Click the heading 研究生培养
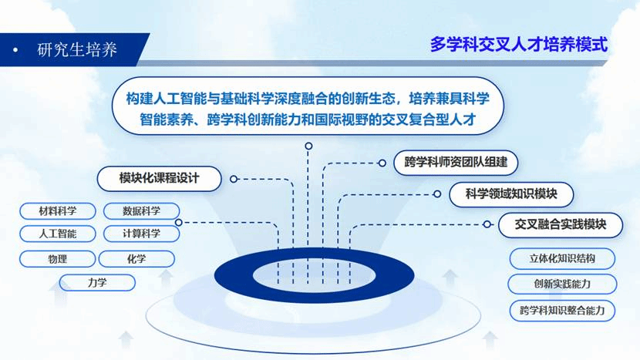point(77,50)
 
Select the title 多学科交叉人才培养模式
point(519,45)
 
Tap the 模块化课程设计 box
point(159,178)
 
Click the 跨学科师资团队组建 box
point(456,163)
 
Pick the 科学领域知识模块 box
point(511,194)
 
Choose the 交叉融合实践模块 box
point(561,224)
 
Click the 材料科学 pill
point(58,211)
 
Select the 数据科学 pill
point(141,211)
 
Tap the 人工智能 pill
point(58,234)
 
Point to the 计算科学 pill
point(141,234)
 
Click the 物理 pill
point(57,259)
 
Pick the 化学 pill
point(136,259)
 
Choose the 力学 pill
point(97,282)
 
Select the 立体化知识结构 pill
point(562,258)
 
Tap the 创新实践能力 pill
point(562,284)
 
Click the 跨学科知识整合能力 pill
point(562,311)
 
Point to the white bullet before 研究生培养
point(15,50)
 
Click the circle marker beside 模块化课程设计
point(234,179)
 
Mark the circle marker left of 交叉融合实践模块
point(487,224)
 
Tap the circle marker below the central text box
point(308,146)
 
